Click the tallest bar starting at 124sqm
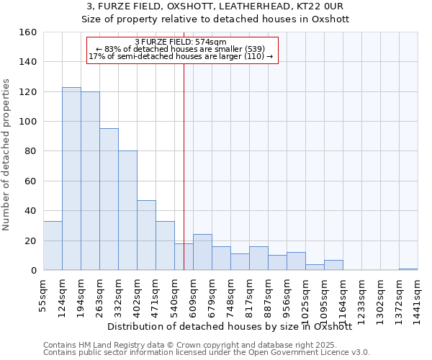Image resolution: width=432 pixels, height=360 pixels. (x=71, y=179)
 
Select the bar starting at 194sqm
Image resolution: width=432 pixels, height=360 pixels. (x=90, y=181)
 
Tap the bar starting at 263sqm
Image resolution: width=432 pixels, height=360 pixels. (x=109, y=199)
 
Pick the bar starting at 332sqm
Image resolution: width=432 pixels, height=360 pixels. (x=127, y=210)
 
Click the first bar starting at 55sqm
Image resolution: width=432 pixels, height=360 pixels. (x=53, y=246)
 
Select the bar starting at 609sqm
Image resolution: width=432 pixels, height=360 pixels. (x=202, y=252)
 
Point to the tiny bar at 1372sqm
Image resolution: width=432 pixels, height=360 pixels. (x=408, y=269)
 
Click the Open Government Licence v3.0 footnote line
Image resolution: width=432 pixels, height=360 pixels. (x=207, y=352)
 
